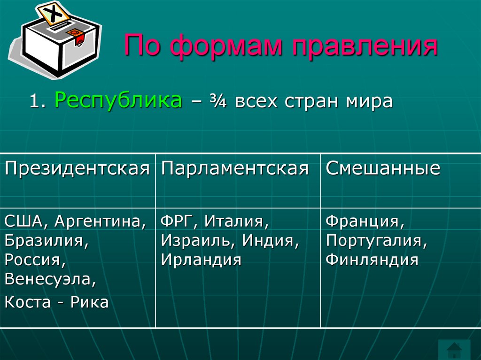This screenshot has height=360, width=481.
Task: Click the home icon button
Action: [454, 350]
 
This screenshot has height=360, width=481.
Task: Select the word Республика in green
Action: [118, 100]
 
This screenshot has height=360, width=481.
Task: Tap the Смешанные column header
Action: [383, 169]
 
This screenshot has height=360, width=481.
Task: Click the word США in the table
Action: [23, 221]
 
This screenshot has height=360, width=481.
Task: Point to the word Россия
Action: [34, 260]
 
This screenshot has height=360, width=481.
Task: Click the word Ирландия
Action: [201, 260]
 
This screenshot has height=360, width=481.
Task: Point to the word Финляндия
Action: [372, 260]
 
